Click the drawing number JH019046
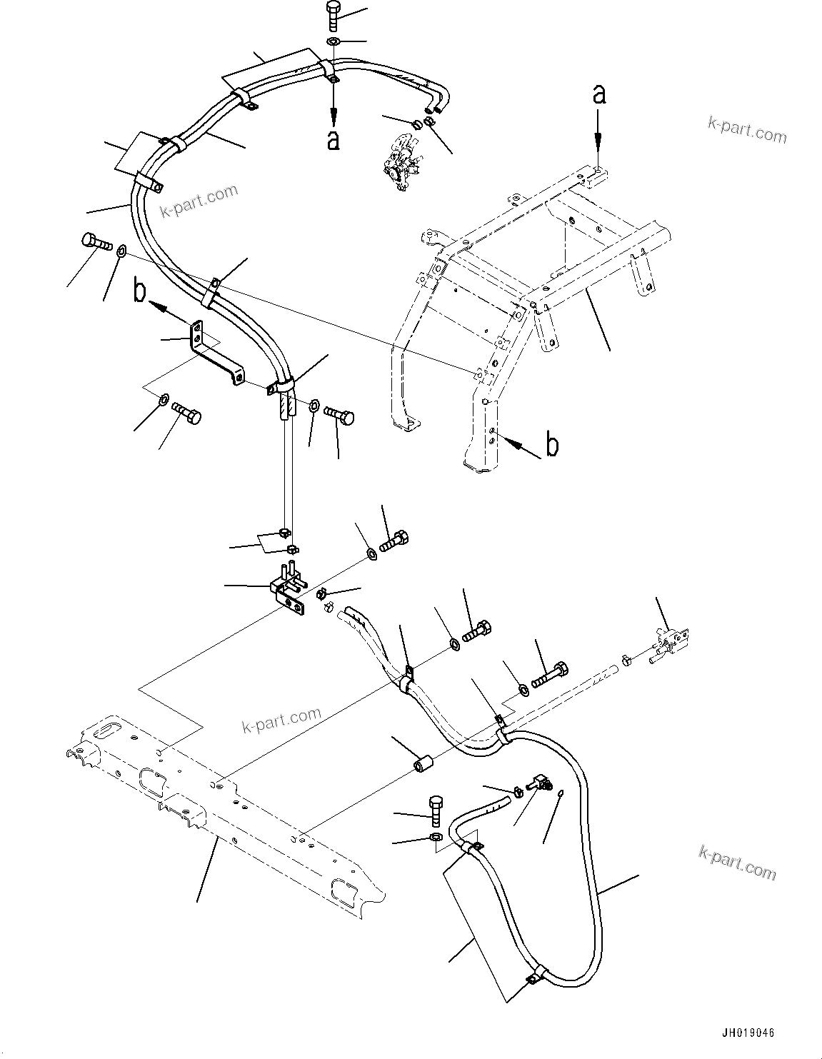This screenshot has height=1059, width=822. [x=747, y=1033]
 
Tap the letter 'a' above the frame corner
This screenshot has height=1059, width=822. [x=600, y=94]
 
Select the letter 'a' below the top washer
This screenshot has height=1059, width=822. [x=332, y=140]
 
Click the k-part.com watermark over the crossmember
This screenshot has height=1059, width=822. [x=281, y=721]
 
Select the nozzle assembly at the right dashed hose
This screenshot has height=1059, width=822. [x=668, y=641]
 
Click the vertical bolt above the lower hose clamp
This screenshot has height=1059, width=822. [x=437, y=810]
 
